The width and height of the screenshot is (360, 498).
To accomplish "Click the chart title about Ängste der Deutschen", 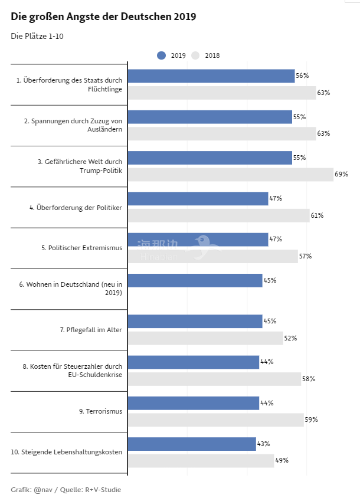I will click(x=103, y=17).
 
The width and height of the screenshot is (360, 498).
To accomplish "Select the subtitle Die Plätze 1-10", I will click(x=37, y=37).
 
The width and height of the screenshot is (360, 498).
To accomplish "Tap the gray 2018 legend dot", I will click(x=195, y=55).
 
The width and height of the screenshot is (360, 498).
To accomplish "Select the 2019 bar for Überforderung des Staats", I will click(x=211, y=76).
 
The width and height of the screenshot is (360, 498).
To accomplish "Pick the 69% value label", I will click(x=341, y=174).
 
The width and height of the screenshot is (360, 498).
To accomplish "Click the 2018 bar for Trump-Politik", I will click(x=230, y=174).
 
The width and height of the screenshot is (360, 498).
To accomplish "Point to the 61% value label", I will click(x=317, y=215).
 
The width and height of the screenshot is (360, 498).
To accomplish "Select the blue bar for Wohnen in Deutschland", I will click(x=195, y=280).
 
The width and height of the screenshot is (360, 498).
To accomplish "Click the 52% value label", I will click(x=290, y=338).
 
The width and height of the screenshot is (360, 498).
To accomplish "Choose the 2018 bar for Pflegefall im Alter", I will click(x=205, y=338).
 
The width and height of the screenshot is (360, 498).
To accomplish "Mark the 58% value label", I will click(x=309, y=379).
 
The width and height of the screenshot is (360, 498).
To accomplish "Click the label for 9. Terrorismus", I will click(x=100, y=411).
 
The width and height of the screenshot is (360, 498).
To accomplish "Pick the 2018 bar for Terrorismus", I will click(x=215, y=420).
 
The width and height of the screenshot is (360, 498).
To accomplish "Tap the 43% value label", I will click(x=263, y=444).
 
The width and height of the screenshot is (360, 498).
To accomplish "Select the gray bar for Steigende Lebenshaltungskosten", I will click(x=201, y=460).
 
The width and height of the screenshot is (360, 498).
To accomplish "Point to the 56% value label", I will click(x=302, y=76).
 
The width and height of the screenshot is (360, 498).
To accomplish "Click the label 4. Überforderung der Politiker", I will click(x=76, y=207).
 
